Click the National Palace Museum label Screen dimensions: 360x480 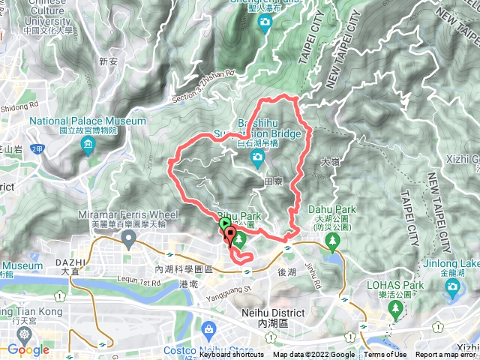[x=88, y=121]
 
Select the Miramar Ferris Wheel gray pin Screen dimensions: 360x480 [x=129, y=239]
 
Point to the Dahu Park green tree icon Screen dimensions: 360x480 [x=332, y=240]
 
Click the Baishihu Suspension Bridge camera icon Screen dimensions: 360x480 [x=258, y=157]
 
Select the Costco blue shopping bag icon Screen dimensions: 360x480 [x=208, y=328]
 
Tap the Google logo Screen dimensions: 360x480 [x=28, y=349]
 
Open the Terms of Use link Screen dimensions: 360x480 [x=385, y=355]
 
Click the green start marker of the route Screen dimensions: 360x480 [x=225, y=223]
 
